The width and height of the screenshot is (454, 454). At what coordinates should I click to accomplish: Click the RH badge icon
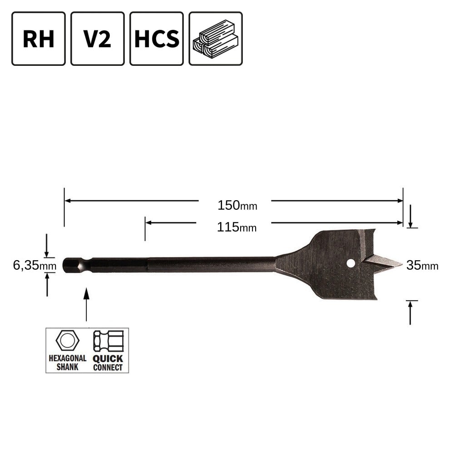tap(39, 39)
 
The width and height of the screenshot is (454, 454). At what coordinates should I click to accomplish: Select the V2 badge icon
tap(98, 39)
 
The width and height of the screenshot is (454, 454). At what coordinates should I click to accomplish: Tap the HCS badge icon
tap(157, 39)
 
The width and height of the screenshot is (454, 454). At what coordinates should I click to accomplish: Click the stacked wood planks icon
tap(216, 39)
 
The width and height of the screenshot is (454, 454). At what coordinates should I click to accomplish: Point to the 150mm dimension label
tap(237, 205)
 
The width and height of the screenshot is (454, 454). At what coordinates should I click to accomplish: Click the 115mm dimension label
tap(237, 227)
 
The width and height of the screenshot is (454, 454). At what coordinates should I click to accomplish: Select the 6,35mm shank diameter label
tap(35, 265)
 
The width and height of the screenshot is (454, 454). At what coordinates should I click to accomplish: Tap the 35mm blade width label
tap(422, 265)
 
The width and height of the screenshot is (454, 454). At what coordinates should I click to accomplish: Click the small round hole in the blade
tap(350, 263)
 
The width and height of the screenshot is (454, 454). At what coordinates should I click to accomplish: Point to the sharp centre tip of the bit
tap(402, 264)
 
